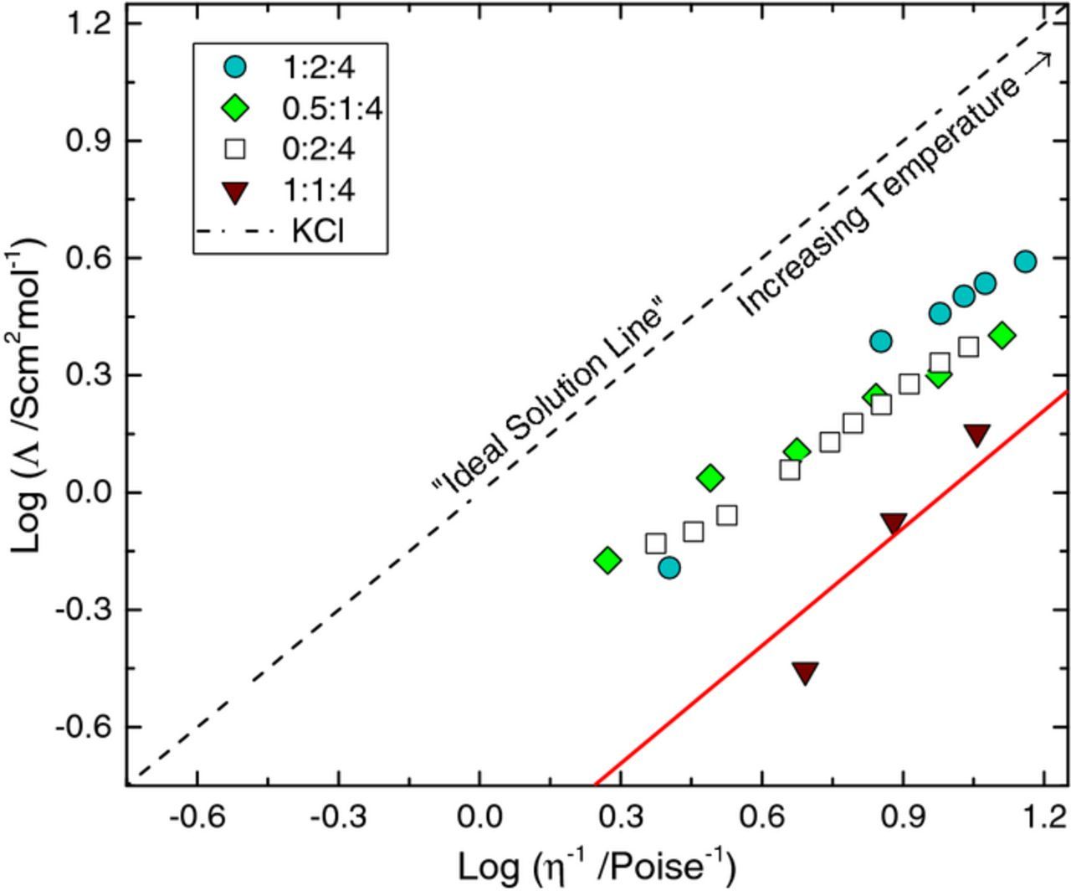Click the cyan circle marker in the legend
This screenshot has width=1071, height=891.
pos(237,65)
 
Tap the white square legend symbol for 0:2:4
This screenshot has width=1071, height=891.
pos(237,149)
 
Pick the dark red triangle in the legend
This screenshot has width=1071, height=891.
pos(237,191)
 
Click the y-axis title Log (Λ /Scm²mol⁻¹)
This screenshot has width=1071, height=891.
pos(29,394)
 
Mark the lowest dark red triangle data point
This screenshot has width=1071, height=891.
pos(805,672)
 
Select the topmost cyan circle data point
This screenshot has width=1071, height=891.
pos(1025,261)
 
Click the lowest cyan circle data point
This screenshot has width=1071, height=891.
pos(669,568)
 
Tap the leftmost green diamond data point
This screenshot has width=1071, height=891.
pos(607,560)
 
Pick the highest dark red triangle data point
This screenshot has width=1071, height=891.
pos(976,435)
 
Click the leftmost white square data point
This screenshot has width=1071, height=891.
pos(656,543)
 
